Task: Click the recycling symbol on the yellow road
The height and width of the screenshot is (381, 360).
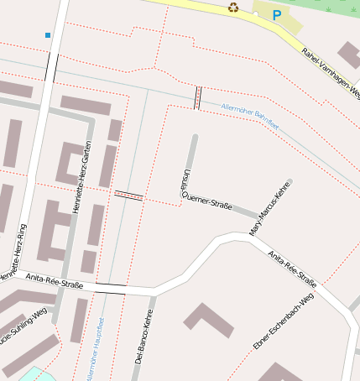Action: pyautogui.click(x=233, y=8)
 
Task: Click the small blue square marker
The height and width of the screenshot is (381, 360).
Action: pyautogui.click(x=48, y=35)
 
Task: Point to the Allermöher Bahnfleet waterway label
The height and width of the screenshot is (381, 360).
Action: pyautogui.click(x=249, y=117)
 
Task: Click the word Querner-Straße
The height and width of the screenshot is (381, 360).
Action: pyautogui.click(x=208, y=201)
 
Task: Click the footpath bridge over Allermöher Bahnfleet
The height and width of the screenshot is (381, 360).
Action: pyautogui.click(x=198, y=97)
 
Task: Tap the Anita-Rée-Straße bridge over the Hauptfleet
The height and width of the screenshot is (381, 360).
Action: pyautogui.click(x=110, y=289)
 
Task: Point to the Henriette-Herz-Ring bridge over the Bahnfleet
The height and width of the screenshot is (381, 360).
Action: pyautogui.click(x=52, y=67)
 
